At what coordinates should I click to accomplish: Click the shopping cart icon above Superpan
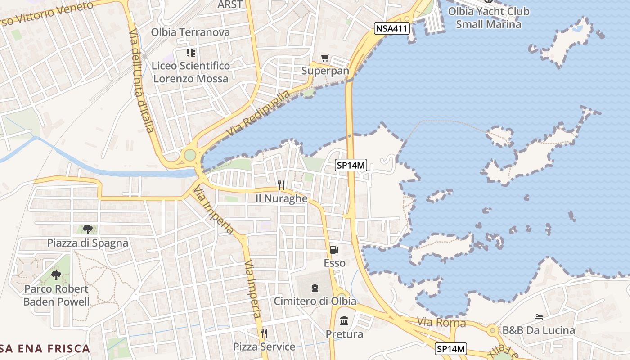click(x=325, y=58)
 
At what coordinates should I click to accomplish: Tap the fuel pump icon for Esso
click(x=334, y=249)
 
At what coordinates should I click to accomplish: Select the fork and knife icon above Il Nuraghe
click(x=281, y=185)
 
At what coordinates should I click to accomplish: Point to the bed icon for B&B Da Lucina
click(x=538, y=317)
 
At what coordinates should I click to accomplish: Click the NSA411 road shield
click(x=391, y=29)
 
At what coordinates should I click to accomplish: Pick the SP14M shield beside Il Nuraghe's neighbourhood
click(x=351, y=165)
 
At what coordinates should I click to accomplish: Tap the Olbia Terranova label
click(x=190, y=32)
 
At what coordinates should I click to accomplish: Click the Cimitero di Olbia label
click(x=315, y=301)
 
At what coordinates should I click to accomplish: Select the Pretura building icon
click(x=344, y=321)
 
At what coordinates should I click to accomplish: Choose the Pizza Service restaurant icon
click(x=264, y=333)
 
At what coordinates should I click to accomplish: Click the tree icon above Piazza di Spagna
click(x=88, y=229)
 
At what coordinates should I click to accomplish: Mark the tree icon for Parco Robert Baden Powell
click(x=56, y=275)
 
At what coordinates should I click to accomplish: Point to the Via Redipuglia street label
click(x=258, y=114)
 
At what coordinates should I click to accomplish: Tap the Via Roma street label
click(x=441, y=323)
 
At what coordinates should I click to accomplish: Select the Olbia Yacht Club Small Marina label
click(x=489, y=18)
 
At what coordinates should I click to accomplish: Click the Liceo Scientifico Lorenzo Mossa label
click(x=191, y=72)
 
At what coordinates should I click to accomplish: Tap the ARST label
click(x=230, y=4)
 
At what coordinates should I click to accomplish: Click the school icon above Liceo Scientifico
click(x=191, y=53)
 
